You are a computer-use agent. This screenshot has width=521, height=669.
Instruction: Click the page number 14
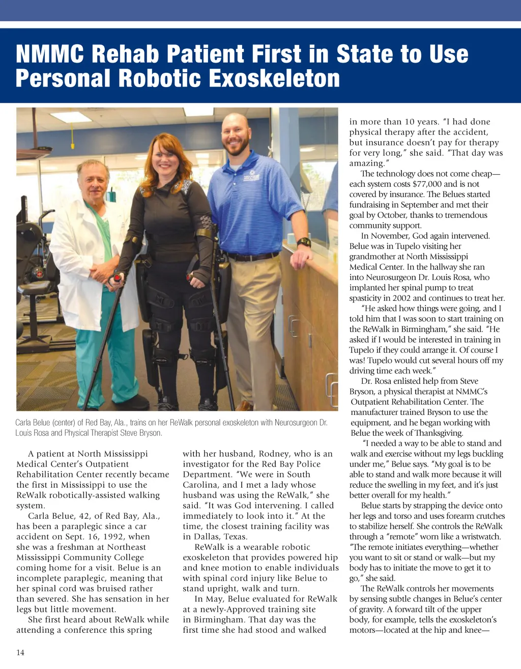pos(20,653)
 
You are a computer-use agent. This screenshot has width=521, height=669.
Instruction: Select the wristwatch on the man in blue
pos(304,242)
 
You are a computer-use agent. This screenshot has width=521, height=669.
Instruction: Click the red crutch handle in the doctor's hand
pos(118,278)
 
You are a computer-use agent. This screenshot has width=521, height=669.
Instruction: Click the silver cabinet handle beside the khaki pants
pos(294,326)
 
